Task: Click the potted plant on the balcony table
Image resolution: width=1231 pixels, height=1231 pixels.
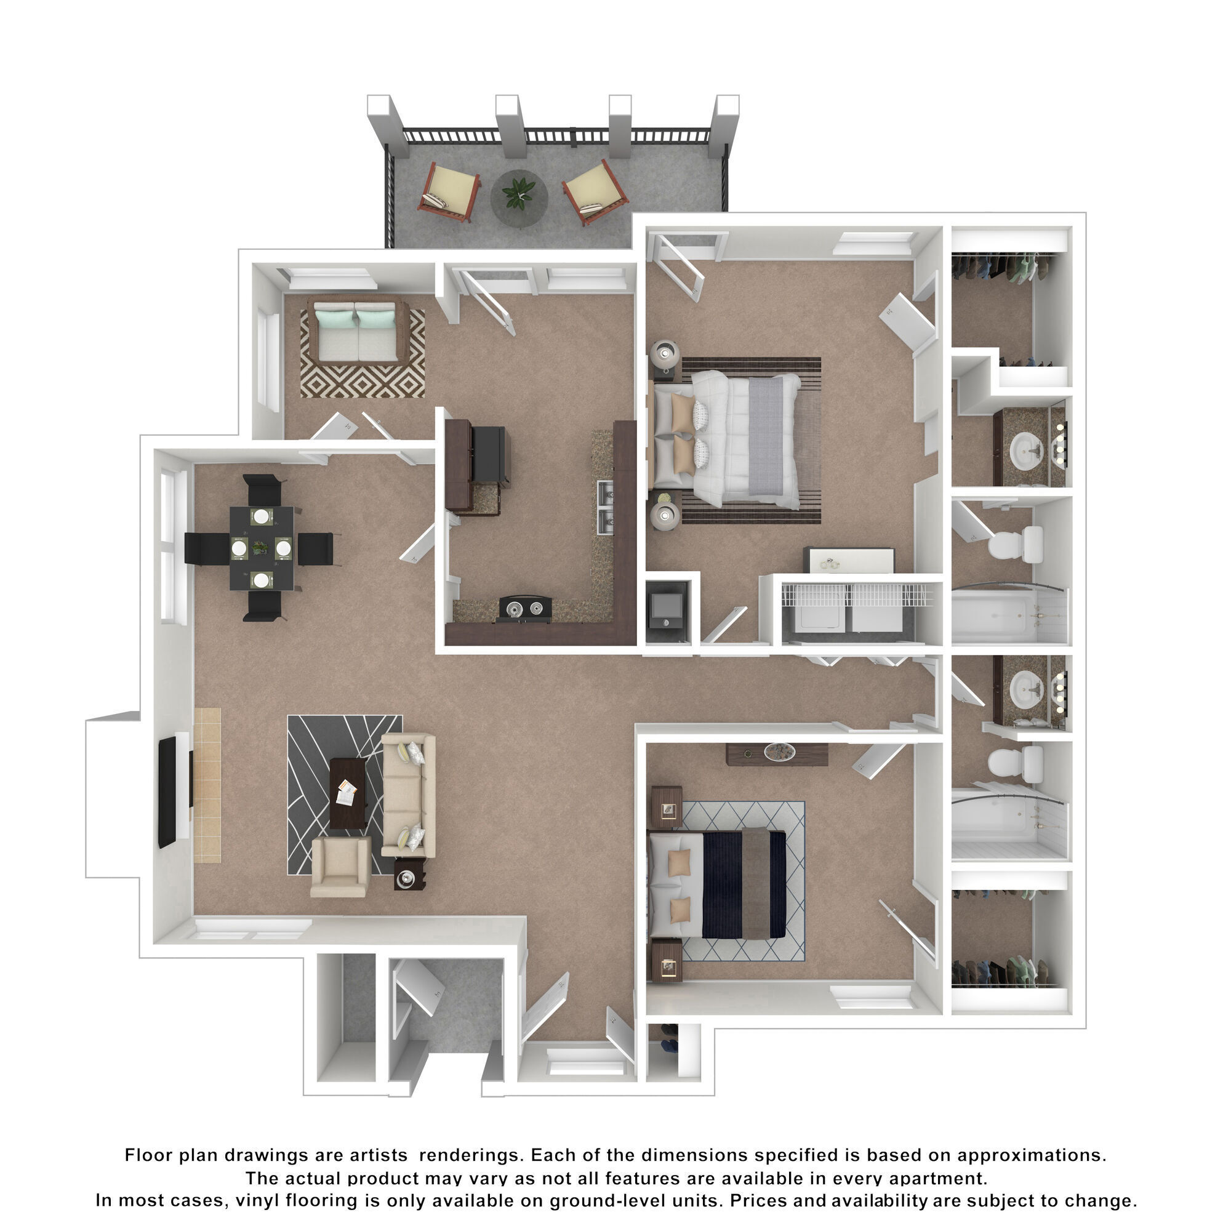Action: point(519,192)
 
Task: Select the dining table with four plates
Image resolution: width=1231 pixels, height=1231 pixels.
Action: point(262,548)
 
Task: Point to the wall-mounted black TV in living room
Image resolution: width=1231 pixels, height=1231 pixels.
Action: point(167,792)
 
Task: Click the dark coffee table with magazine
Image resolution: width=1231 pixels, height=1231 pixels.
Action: point(347,793)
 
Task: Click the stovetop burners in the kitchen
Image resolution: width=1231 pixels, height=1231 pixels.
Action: point(524,608)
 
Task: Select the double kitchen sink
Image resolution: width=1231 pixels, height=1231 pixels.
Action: point(605,507)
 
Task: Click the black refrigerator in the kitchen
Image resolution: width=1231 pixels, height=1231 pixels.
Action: point(491,454)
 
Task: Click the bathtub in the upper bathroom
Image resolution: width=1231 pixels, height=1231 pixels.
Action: point(1008,615)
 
